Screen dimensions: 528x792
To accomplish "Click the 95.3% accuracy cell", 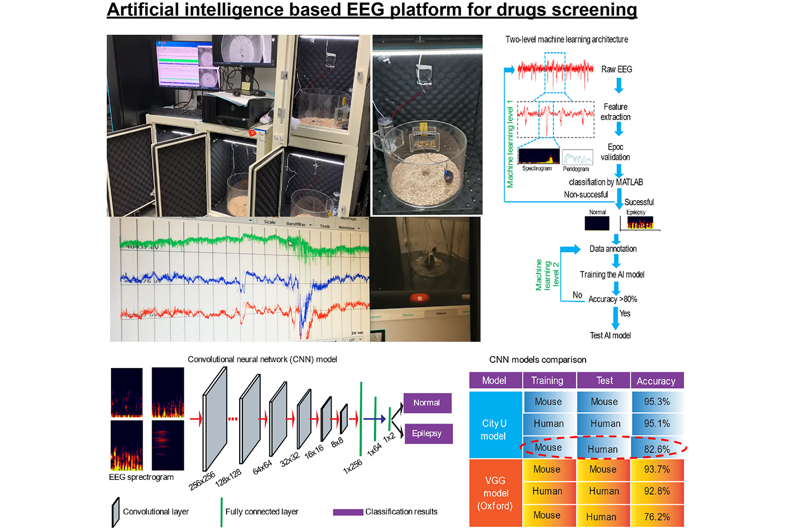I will [657, 402].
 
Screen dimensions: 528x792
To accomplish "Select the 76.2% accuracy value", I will [657, 517].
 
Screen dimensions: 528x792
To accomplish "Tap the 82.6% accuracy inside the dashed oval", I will [657, 449].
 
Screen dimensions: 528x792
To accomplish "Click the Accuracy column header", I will [656, 381].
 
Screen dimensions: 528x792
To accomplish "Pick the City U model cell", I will [494, 430].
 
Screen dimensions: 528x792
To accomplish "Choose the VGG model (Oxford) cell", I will [495, 493].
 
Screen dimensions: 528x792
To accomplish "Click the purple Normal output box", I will [427, 403].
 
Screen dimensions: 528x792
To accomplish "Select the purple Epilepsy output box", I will [427, 433].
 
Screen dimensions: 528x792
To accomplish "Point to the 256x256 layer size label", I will [202, 480].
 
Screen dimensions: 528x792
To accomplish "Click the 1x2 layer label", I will [389, 437].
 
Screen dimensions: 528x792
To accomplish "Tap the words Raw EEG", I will [616, 69].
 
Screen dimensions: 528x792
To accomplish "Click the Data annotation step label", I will [612, 249].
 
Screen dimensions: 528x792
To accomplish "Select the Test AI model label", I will [610, 335].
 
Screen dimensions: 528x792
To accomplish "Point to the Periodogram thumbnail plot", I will [577, 157].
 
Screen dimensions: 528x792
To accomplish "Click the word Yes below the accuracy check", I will [625, 314].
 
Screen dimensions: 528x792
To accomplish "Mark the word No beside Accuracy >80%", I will [578, 295].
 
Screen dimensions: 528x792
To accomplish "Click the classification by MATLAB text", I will [606, 182].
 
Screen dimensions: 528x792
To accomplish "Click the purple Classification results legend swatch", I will [348, 512].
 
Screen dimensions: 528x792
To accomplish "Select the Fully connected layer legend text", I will [262, 512].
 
